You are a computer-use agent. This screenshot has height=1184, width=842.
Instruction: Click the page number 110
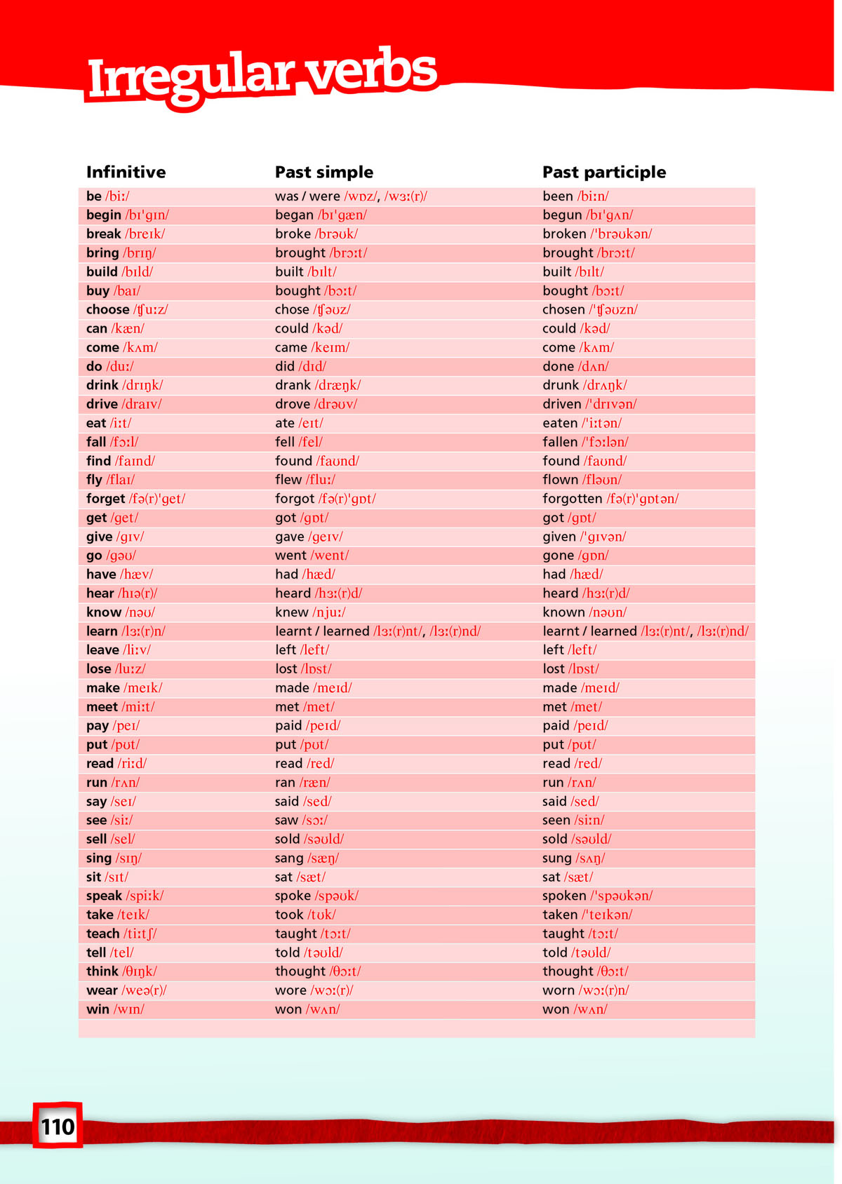click(x=58, y=1126)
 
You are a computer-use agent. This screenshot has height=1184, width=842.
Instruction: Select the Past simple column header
click(x=324, y=172)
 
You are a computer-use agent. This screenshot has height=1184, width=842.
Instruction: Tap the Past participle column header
click(x=604, y=172)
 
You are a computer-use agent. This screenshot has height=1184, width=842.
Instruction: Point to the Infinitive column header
click(x=126, y=172)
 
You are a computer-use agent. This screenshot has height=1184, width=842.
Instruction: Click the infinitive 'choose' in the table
click(x=107, y=309)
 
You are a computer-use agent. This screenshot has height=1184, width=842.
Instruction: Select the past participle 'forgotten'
click(x=572, y=499)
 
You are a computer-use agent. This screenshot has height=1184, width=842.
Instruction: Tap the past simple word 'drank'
click(x=293, y=385)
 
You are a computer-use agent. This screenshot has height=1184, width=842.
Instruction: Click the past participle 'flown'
click(x=560, y=480)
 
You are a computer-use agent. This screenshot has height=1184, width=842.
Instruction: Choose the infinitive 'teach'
click(x=102, y=934)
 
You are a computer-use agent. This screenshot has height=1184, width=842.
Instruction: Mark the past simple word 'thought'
click(x=300, y=971)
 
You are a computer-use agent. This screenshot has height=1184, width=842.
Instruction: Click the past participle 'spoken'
click(x=564, y=896)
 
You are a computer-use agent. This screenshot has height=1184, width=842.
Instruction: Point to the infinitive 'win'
click(x=98, y=1009)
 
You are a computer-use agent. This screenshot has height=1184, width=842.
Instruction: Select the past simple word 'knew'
click(x=291, y=612)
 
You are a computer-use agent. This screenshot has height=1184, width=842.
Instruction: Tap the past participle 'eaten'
click(x=560, y=423)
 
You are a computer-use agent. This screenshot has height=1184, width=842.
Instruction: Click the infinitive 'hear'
click(x=100, y=593)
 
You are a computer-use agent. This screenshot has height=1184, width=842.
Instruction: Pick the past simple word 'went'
click(x=290, y=556)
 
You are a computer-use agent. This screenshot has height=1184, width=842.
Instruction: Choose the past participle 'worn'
click(x=559, y=990)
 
